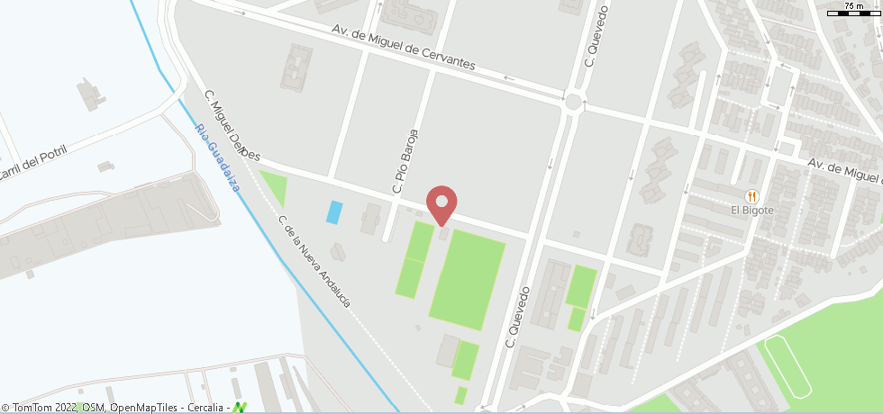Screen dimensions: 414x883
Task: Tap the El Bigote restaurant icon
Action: tap(751, 196)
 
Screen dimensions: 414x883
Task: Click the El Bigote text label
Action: tap(751, 211)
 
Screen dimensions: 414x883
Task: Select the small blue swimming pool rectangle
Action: tap(334, 212)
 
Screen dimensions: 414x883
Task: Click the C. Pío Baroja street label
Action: tap(405, 160)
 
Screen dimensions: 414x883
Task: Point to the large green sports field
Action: tap(467, 279)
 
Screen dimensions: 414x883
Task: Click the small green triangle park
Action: tap(273, 186)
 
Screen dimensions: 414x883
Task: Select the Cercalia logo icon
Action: tap(240, 408)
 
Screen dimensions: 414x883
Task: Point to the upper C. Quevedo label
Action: tap(592, 37)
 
